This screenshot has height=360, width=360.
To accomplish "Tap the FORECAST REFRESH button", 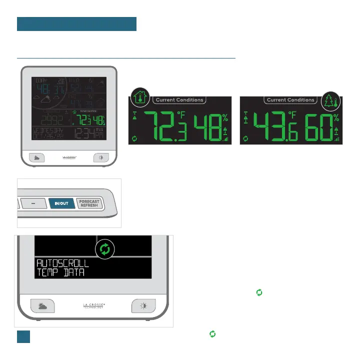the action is click(90, 203).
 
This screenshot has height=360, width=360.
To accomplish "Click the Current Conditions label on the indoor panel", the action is click(179, 100).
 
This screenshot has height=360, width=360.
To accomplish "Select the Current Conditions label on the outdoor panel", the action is click(290, 100).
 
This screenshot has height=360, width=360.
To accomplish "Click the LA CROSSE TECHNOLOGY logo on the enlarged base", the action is click(94, 306).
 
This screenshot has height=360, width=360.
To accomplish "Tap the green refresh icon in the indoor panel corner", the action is click(134, 139).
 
